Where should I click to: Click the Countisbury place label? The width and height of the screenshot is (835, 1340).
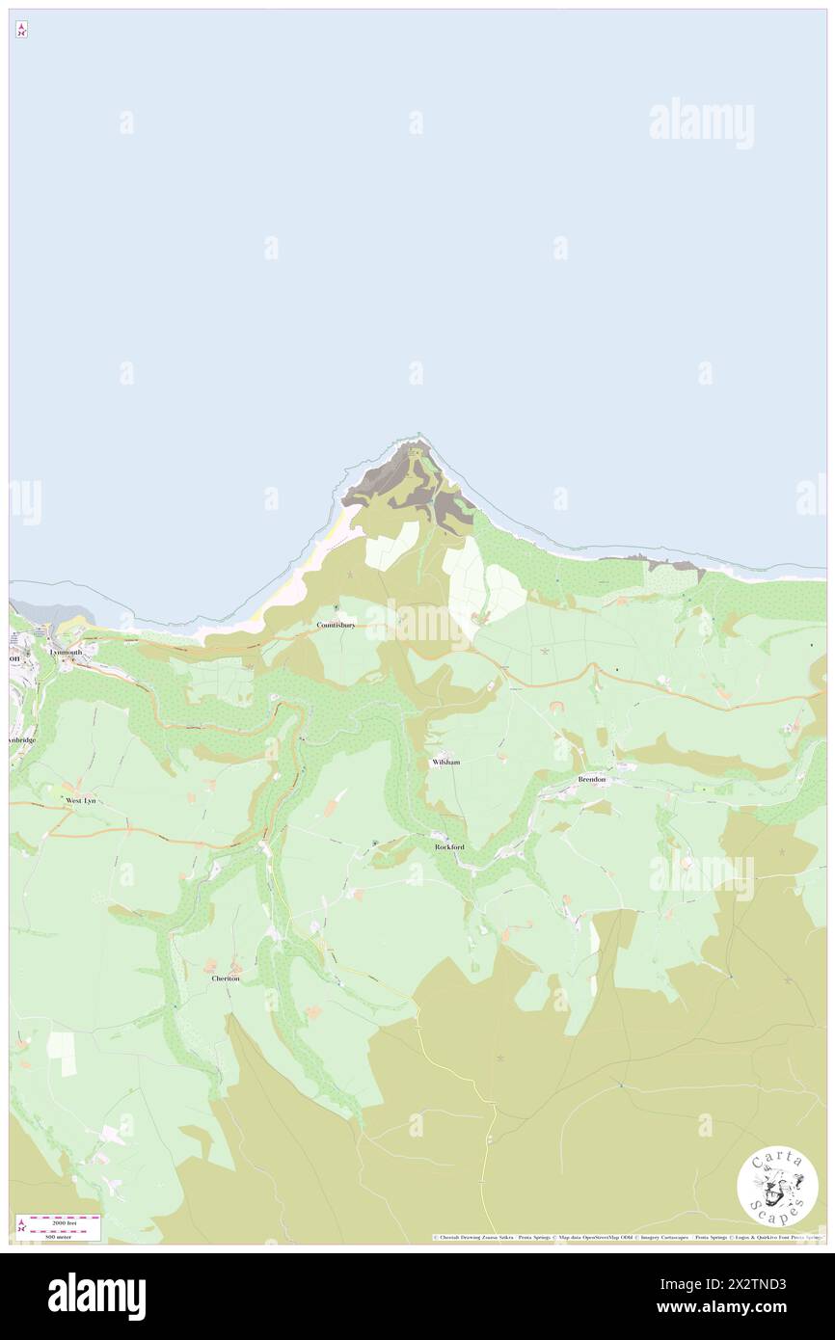337,625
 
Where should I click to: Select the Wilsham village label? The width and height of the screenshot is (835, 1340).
445,762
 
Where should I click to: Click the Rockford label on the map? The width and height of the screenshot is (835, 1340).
449,846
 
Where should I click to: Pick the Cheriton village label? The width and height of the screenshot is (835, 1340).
225,978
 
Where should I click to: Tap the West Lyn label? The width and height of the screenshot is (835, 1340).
80,800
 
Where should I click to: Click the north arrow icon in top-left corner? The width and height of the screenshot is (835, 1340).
21,30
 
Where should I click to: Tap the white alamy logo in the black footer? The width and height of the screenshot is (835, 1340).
96,1297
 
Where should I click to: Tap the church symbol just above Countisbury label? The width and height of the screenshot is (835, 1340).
336,607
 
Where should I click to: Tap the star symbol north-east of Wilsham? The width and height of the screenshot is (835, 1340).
545,652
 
